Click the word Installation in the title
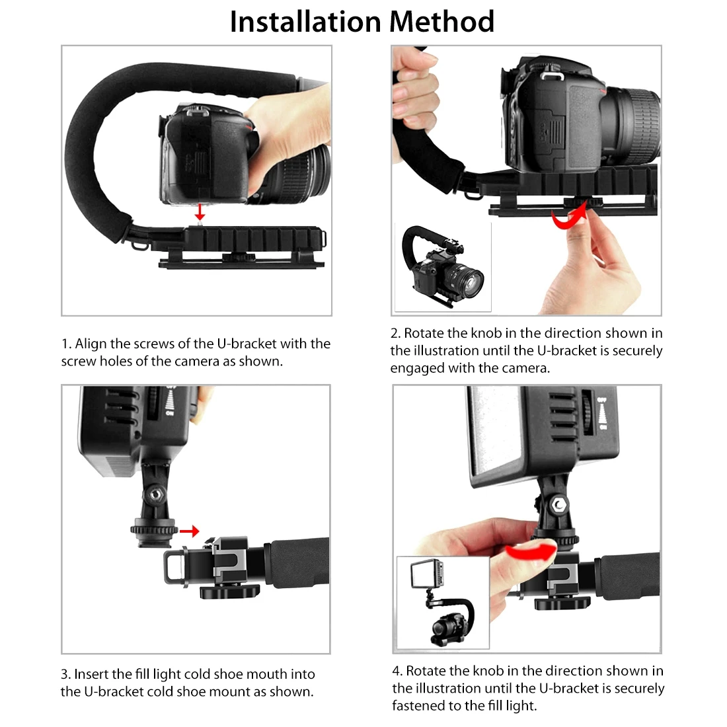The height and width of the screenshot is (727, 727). pyautogui.click(x=305, y=22)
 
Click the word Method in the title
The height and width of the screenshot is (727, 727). pyautogui.click(x=441, y=21)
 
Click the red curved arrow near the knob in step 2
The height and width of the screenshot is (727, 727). pyautogui.click(x=570, y=219)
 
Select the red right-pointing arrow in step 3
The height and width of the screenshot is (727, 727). pyautogui.click(x=190, y=531)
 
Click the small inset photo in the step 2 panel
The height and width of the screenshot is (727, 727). pyautogui.click(x=442, y=267)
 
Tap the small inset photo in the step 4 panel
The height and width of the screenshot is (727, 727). pyautogui.click(x=443, y=602)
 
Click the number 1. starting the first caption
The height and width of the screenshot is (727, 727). pyautogui.click(x=66, y=344)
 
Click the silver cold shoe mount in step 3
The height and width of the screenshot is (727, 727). pyautogui.click(x=228, y=555)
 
